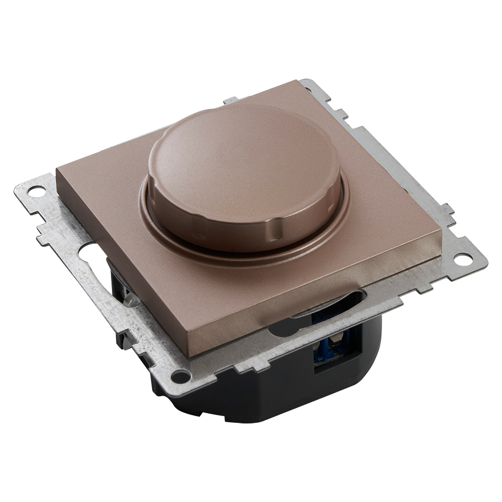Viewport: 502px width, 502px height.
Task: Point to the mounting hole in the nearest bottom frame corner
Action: tap(180, 375)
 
